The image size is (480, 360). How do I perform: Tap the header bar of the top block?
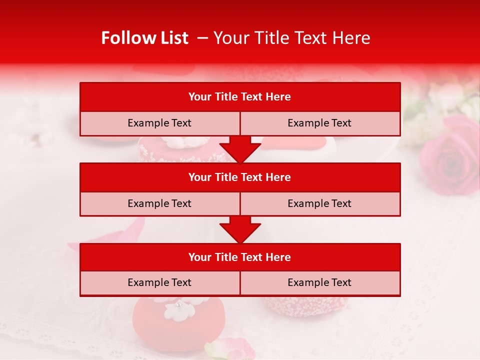pos(240,97)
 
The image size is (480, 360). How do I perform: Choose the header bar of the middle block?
pos(240,177)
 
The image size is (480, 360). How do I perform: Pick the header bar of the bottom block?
pos(240,257)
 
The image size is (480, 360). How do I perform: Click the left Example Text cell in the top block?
pos(159,123)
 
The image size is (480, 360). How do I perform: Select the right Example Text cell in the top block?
pos(320,123)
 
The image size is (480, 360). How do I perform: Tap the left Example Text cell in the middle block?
pos(159,203)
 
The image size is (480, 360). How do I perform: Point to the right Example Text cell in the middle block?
pos(320,203)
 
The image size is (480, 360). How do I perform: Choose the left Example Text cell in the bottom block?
pos(159,282)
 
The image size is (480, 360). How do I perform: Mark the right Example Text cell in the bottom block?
pos(320,282)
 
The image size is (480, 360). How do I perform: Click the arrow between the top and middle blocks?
pos(240,149)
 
